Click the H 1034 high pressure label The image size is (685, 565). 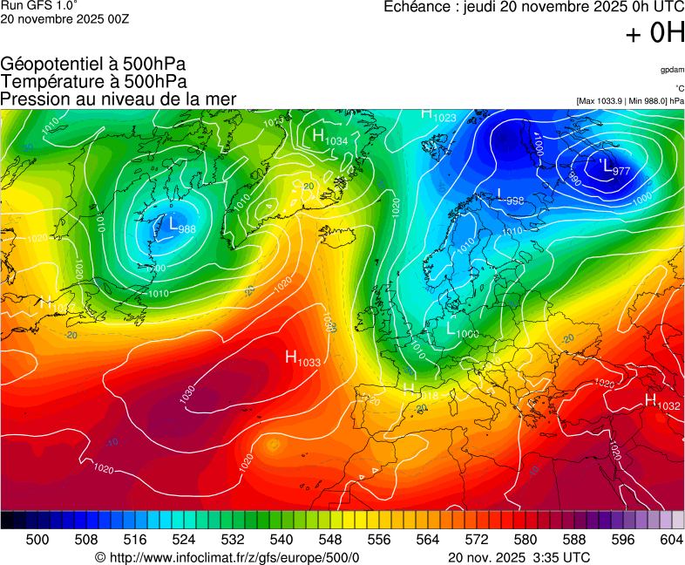point(329,138)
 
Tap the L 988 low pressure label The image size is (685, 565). point(181,226)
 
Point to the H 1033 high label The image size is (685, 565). point(302,357)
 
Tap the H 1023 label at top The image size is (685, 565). point(438,114)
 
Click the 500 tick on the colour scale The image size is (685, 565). point(37,540)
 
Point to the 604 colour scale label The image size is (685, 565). point(671,540)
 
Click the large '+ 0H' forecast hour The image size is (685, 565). point(655,33)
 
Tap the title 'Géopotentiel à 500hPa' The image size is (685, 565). point(93,65)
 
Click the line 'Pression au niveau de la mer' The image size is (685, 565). point(119,99)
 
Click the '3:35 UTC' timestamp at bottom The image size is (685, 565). point(560,557)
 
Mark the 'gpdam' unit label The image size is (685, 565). point(672,70)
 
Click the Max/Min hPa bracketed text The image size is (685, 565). point(630,101)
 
